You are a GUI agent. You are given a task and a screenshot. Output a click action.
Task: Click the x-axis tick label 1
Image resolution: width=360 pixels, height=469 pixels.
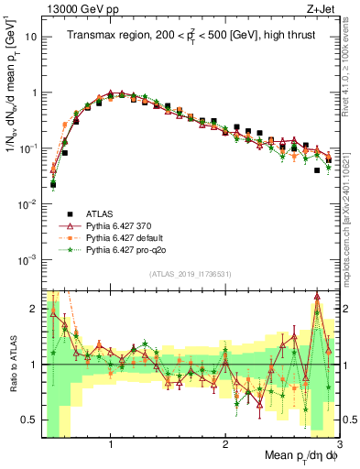(x=111, y=442)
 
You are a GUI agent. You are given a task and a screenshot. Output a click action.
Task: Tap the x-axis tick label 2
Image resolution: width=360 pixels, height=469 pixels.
(x=225, y=442)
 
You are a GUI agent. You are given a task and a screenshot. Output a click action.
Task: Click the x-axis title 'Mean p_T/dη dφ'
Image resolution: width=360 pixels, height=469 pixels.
(x=294, y=455)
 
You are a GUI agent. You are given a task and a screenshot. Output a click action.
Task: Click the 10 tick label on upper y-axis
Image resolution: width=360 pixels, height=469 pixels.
(x=31, y=38)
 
